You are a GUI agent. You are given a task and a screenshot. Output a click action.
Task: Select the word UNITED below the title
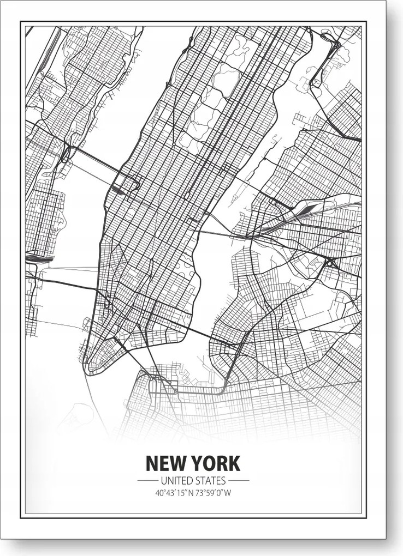(x=174, y=480)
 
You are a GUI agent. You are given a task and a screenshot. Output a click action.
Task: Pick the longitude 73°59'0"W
(x=212, y=493)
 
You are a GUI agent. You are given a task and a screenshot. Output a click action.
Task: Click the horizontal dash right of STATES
(x=239, y=481)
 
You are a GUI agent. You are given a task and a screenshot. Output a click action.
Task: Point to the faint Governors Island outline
(x=76, y=414)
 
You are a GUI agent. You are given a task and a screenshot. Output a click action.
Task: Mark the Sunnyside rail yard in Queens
(x=306, y=210)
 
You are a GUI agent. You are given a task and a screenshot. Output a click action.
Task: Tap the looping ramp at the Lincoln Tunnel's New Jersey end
(x=66, y=153)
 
